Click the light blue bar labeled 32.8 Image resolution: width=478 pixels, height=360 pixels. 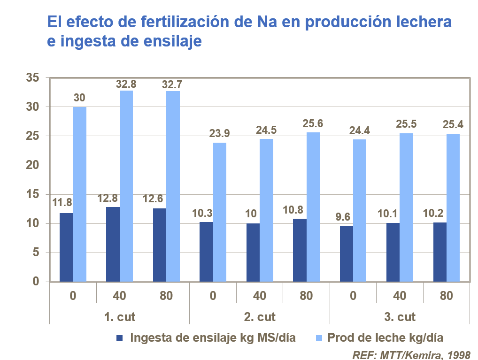(126, 186)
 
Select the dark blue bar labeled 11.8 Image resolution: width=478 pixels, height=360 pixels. (66, 247)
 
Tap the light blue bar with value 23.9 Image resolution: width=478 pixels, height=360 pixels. (220, 212)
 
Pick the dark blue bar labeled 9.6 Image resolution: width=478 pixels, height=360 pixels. (346, 253)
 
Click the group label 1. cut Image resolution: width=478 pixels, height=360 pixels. (119, 317)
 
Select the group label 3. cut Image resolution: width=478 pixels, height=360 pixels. (400, 317)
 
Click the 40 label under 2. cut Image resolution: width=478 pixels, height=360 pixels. (259, 296)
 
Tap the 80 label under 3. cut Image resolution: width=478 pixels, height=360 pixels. (446, 296)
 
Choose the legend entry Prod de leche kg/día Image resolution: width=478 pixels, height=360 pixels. (385, 337)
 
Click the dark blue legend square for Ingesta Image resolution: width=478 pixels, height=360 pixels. (119, 338)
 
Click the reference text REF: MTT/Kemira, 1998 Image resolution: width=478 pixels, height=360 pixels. (410, 353)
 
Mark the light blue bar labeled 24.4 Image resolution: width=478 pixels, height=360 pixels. (360, 210)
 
